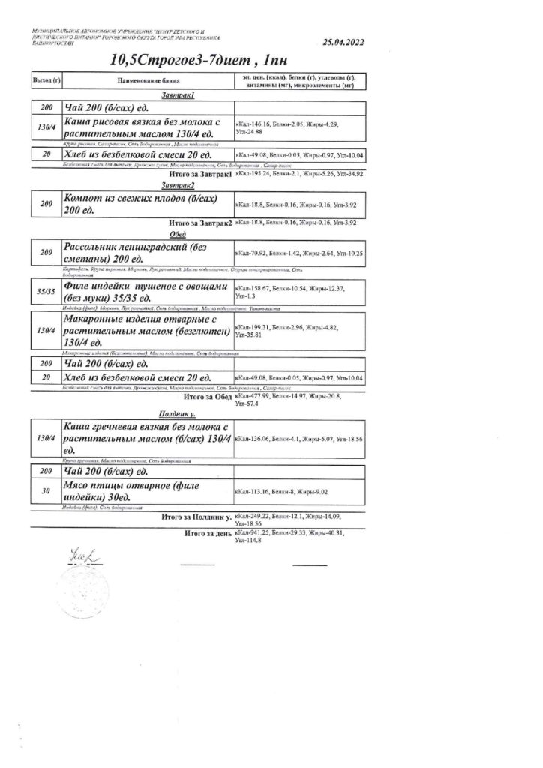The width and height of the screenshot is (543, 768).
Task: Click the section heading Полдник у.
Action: point(177,413)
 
